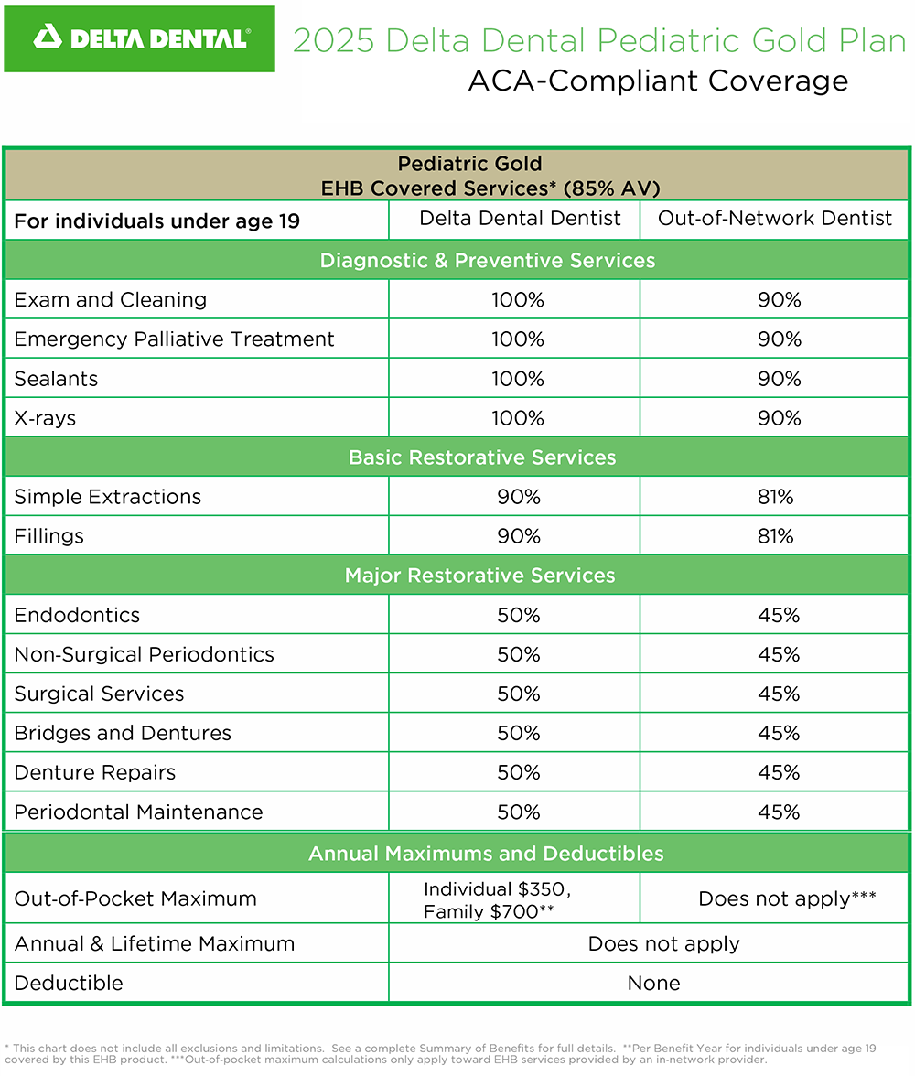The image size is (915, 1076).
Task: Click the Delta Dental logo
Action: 139,38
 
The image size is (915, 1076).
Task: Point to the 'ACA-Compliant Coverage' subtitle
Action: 658,81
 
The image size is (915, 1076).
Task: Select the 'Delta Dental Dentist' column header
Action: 520,219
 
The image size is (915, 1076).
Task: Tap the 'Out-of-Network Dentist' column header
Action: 775,219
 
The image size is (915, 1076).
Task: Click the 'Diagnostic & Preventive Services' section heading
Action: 487,261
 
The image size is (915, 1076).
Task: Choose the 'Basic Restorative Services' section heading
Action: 481,457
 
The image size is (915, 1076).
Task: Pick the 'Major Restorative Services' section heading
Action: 479,576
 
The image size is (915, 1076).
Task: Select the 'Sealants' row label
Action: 56,379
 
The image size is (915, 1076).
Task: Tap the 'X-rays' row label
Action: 45,418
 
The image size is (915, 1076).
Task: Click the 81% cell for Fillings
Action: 775,536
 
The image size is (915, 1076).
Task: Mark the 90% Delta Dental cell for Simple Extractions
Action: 519,497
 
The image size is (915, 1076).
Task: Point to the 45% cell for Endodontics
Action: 779,615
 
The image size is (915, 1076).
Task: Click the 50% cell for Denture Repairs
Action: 519,772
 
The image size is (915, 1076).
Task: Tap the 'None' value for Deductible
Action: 653,984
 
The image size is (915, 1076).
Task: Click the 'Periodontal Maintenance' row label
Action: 138,812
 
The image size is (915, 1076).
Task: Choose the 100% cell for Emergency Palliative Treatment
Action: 518,339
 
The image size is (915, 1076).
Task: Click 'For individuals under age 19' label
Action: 157,221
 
